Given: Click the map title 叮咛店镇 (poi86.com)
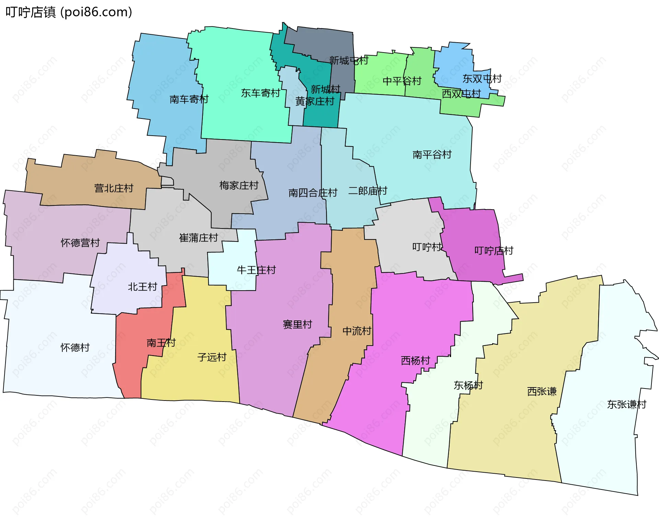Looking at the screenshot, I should pos(69,12).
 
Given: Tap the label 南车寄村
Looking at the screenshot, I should pos(189,99).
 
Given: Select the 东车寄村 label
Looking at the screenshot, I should pos(260,93).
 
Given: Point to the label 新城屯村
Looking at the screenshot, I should pos(348,61).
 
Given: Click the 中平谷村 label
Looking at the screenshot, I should pos(402,81).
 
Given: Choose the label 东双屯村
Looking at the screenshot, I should pos(482,79).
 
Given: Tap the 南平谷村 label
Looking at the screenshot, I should pos(432,155).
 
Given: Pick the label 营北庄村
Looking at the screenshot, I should pos(114,188).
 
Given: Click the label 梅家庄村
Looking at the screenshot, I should pos(239,185).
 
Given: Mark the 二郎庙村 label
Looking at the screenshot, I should pos(368,191).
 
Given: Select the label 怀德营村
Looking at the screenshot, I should pos(80,243).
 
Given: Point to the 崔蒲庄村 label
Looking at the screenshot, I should pos(198,238).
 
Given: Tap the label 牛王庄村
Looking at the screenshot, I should pos(256,270).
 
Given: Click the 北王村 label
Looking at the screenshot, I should pos(142,286).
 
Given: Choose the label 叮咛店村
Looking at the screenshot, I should pos(494,251).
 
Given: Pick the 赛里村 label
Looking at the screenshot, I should pos(297,324).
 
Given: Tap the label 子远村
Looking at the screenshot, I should pos(212,357).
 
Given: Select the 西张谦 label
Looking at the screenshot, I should pos(542,391).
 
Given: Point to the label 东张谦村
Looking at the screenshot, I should pos(626,404).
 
